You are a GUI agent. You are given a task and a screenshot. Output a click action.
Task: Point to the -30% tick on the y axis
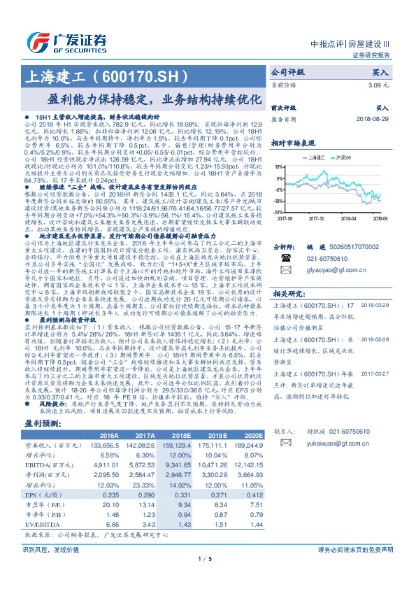[278, 211]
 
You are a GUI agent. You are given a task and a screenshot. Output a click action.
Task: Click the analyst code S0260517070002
[359, 247]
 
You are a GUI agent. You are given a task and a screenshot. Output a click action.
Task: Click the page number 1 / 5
[207, 578]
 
